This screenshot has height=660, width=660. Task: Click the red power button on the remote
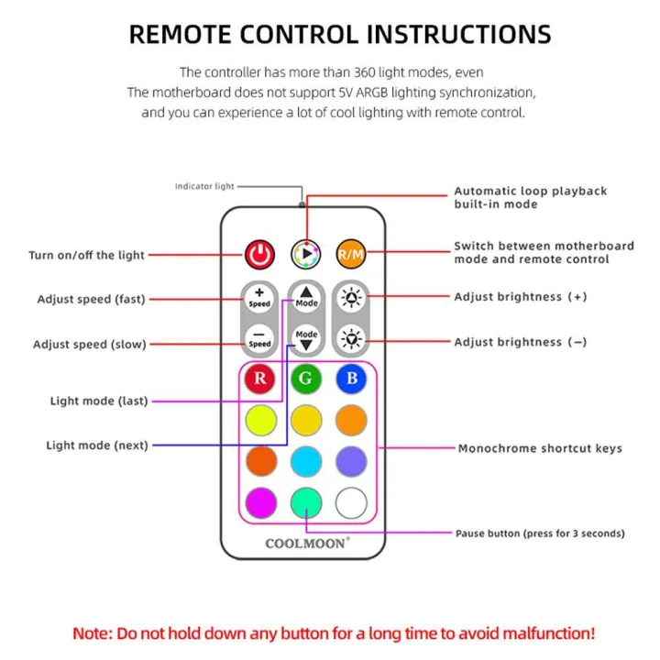point(259,252)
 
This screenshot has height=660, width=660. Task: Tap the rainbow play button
point(305,252)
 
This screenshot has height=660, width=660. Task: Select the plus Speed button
point(259,296)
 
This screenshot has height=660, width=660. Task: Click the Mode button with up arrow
point(306,296)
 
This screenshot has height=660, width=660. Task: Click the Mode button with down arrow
point(306,339)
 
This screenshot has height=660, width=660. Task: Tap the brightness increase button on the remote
point(351,296)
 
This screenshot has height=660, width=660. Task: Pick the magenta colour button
point(259,501)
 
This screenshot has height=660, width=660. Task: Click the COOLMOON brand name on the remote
point(306,543)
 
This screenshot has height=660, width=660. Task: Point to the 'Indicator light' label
point(204,186)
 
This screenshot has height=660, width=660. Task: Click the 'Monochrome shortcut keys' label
point(540,448)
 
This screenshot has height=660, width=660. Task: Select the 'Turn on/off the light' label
point(86,255)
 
